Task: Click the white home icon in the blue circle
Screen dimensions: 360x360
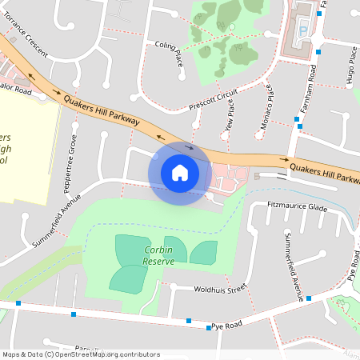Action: (x=180, y=172)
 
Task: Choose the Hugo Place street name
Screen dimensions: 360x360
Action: (x=351, y=66)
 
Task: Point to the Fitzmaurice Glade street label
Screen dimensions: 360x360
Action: (x=298, y=207)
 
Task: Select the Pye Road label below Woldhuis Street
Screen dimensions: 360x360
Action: (x=226, y=327)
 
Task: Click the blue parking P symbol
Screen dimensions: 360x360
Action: (x=302, y=31)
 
